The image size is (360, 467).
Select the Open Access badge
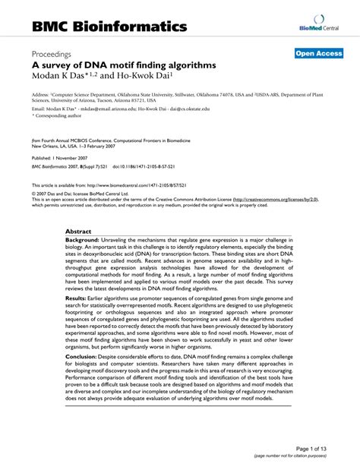coord(318,53)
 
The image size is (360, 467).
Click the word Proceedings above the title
coord(52,55)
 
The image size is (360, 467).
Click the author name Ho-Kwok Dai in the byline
coord(149,77)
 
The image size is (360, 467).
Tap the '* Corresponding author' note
coord(55,116)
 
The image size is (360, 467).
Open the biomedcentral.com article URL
coord(152,185)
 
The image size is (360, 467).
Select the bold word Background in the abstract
coord(85,238)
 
